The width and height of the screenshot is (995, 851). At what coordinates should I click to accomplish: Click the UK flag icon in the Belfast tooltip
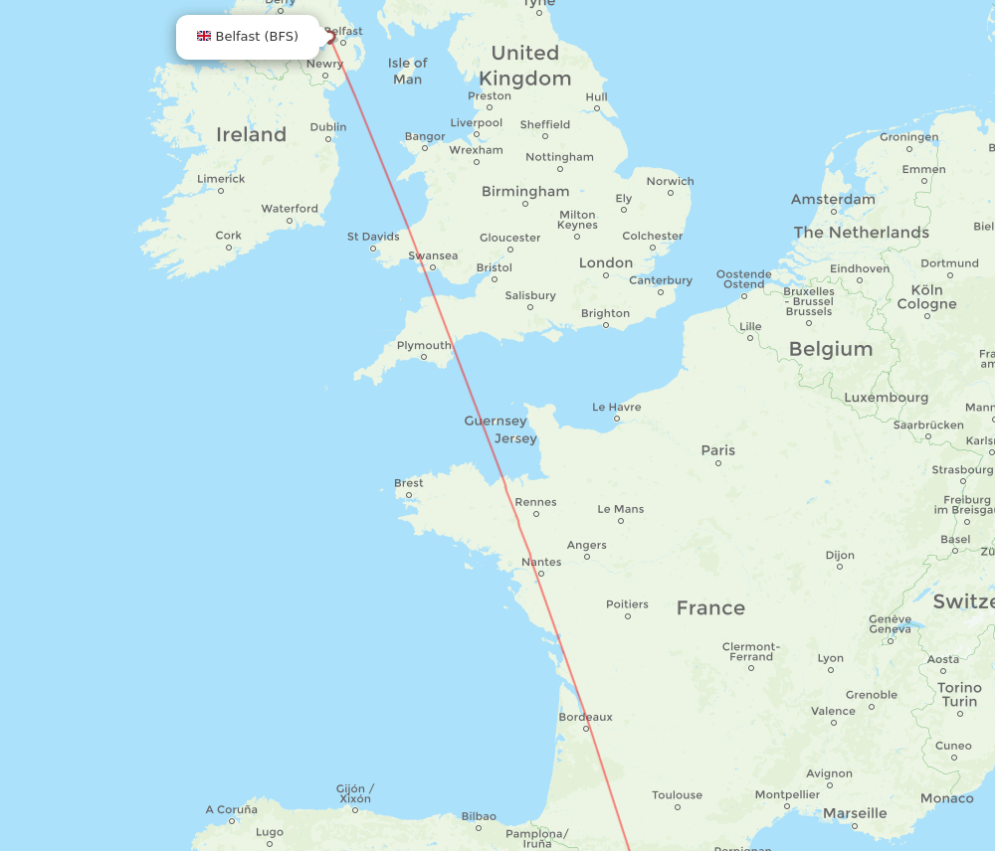204,37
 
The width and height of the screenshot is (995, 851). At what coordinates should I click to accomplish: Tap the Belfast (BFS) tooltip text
257,37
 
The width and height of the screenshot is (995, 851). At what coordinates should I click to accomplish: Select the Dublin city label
328,127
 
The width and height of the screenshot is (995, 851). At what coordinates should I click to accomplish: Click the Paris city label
717,450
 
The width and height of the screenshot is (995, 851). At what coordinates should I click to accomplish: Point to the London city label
606,262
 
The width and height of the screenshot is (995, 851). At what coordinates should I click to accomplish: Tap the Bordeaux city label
586,717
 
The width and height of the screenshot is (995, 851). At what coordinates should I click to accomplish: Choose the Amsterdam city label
833,199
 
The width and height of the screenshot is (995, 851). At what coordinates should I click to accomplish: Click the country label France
710,607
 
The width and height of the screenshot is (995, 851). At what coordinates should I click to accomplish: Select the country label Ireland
251,134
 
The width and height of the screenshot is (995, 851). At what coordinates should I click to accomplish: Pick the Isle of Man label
407,71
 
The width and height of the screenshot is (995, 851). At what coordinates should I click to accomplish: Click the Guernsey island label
496,422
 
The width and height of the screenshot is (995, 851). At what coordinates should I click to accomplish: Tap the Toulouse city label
677,795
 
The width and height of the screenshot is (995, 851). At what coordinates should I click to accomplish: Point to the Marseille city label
855,813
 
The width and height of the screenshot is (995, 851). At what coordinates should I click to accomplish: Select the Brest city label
408,484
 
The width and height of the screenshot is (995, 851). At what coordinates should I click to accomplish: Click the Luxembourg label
886,398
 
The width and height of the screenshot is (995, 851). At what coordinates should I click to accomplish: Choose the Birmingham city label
525,191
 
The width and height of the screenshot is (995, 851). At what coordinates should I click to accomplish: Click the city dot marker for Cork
228,249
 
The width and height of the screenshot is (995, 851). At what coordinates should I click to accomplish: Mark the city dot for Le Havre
618,420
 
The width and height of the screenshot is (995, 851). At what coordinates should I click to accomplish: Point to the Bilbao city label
479,816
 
